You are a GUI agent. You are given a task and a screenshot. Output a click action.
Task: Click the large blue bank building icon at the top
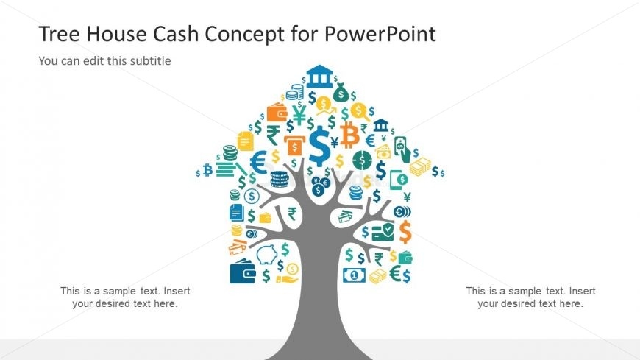319,77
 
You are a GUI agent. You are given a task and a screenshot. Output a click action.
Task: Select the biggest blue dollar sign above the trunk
319,146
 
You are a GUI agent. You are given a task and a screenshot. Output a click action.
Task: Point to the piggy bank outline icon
267,254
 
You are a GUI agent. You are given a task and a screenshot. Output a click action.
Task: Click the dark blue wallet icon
243,272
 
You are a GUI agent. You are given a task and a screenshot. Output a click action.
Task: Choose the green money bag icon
341,93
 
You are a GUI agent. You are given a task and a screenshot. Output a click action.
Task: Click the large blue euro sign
258,162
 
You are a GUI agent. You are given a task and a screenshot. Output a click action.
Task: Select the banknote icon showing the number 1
354,275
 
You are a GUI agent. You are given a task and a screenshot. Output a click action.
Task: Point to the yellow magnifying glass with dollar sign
360,112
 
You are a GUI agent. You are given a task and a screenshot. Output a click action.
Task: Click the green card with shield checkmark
383,232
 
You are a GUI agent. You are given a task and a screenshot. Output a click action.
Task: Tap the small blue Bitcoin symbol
207,170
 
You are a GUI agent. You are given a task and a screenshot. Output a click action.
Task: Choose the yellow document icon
245,141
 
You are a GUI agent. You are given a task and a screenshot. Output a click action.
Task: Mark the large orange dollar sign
405,232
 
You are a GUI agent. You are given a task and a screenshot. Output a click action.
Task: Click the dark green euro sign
395,273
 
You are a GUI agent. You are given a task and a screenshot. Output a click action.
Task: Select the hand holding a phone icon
402,149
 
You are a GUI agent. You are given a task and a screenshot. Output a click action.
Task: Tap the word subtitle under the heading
151,61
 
